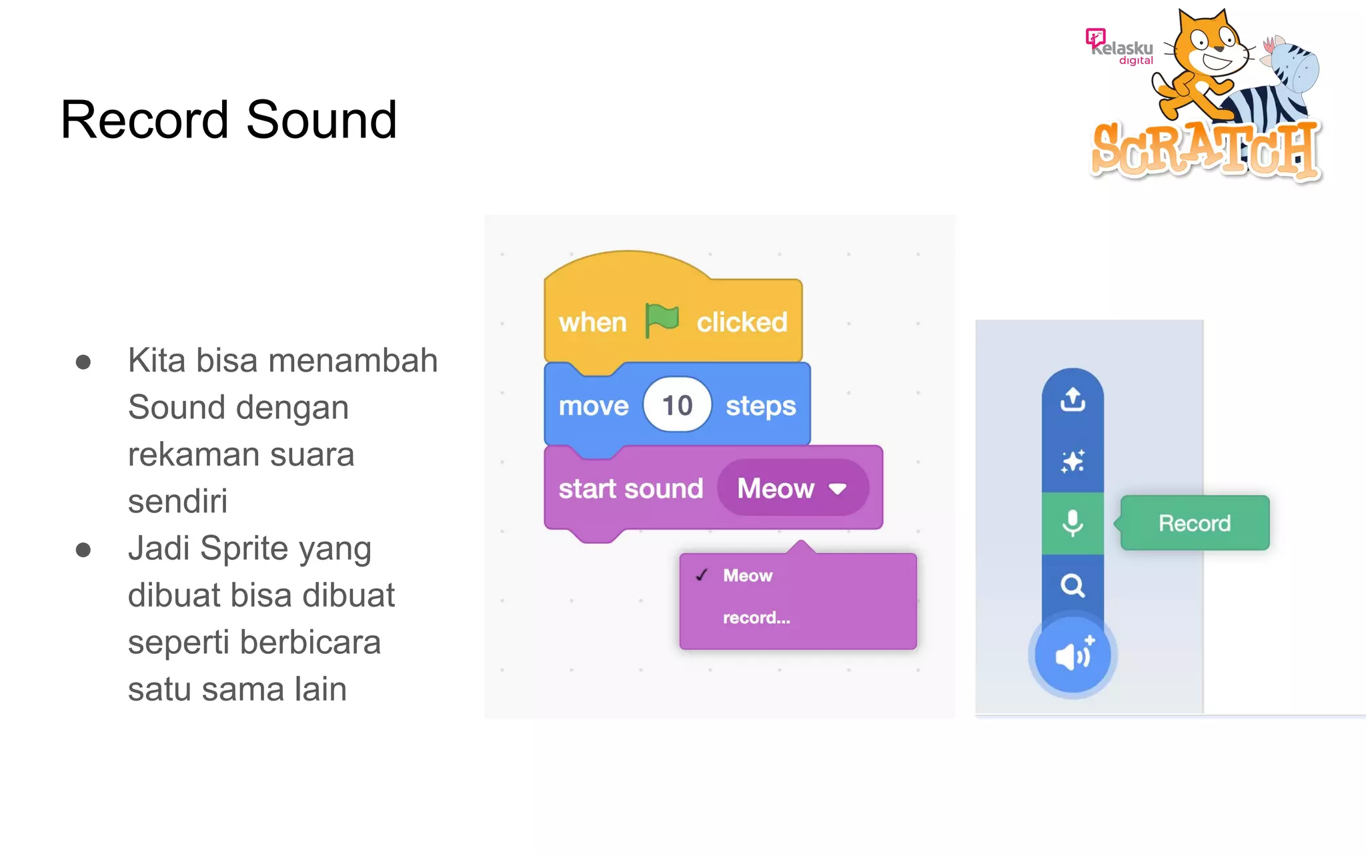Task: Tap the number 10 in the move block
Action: (677, 405)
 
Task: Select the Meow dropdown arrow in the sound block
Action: (838, 489)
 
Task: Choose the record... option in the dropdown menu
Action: (756, 618)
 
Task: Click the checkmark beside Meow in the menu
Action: (702, 575)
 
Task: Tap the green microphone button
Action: (1073, 523)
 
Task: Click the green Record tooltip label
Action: (1195, 523)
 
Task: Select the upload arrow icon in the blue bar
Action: (1073, 399)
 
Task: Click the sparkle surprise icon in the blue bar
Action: (1073, 461)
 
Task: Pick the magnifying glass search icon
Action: (1073, 585)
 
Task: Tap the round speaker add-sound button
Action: (1073, 656)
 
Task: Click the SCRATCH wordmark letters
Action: (1205, 150)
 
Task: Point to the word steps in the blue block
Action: (760, 406)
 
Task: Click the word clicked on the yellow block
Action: (742, 322)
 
